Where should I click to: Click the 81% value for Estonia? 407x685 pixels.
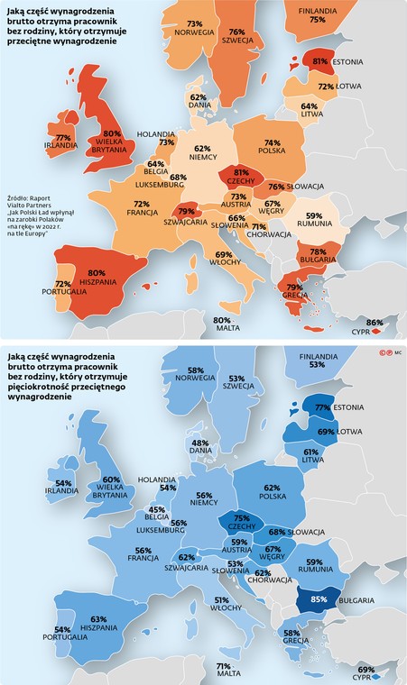pyautogui.click(x=319, y=61)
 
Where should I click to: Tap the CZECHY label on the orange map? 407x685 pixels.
pyautogui.click(x=241, y=181)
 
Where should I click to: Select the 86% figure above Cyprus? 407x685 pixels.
pyautogui.click(x=375, y=323)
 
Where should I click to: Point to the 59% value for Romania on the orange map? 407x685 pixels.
pyautogui.click(x=314, y=215)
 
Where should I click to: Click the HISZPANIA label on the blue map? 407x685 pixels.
pyautogui.click(x=99, y=627)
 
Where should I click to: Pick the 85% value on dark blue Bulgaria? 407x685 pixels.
pyautogui.click(x=319, y=599)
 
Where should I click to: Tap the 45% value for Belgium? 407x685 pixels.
pyautogui.click(x=156, y=510)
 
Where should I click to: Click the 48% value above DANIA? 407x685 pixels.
pyautogui.click(x=200, y=443)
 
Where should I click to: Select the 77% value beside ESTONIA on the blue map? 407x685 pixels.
pyautogui.click(x=322, y=407)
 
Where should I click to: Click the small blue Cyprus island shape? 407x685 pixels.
pyautogui.click(x=376, y=677)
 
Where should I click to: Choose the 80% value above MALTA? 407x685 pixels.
pyautogui.click(x=222, y=320)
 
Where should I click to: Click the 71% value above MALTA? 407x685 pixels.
pyautogui.click(x=223, y=666)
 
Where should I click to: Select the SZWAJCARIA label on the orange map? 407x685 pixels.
pyautogui.click(x=186, y=222)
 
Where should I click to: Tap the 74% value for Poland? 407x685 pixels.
pyautogui.click(x=273, y=142)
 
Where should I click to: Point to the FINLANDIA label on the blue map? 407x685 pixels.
pyautogui.click(x=319, y=357)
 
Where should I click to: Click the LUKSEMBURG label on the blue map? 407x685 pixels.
pyautogui.click(x=160, y=530)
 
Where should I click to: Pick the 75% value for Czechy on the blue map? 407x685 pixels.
pyautogui.click(x=242, y=519)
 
